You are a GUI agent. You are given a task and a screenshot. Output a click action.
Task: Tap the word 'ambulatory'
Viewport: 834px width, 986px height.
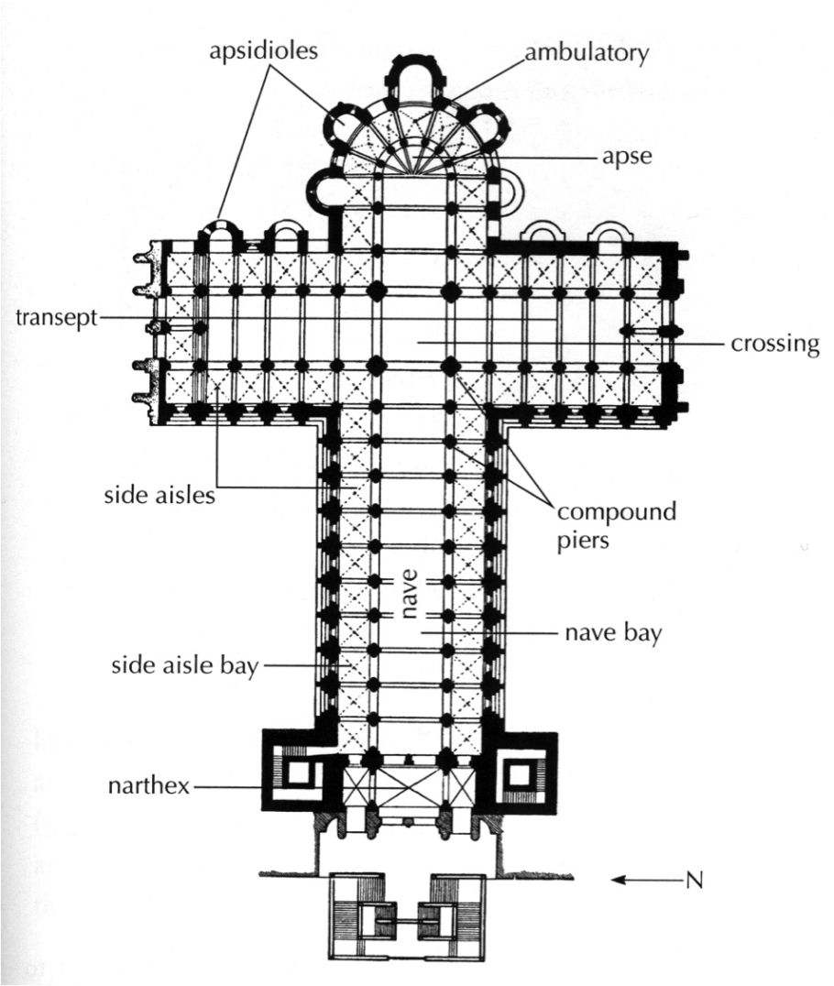[x=586, y=52]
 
